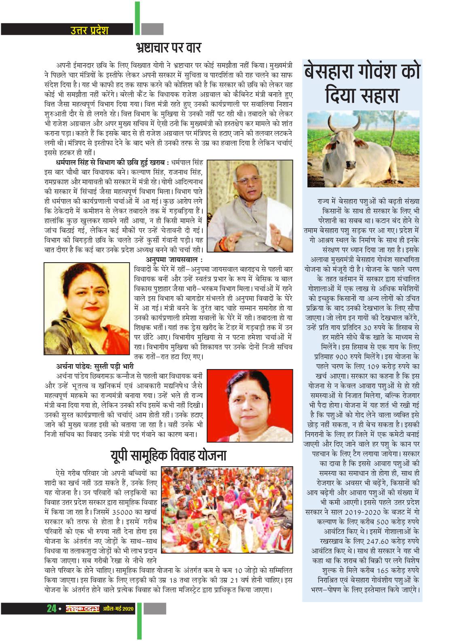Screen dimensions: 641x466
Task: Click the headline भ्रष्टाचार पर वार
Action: click(x=168, y=48)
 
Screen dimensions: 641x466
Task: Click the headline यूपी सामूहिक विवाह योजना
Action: click(x=168, y=456)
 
